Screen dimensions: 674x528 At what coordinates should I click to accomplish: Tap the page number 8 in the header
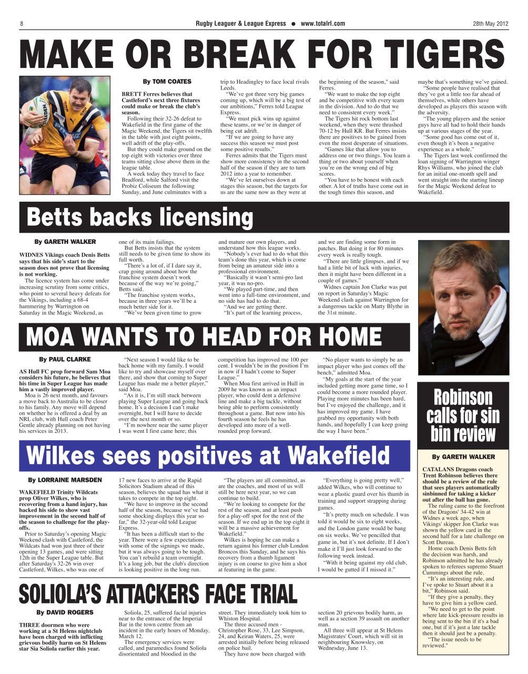click(22, 24)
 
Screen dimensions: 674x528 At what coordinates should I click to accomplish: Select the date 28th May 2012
click(490, 24)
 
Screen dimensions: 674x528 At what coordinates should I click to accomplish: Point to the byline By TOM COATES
click(167, 82)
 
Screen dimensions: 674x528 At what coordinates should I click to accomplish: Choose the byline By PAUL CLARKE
click(65, 360)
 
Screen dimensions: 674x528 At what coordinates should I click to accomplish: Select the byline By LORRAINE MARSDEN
click(65, 480)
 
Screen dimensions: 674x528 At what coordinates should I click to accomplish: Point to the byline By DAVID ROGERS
click(65, 612)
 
